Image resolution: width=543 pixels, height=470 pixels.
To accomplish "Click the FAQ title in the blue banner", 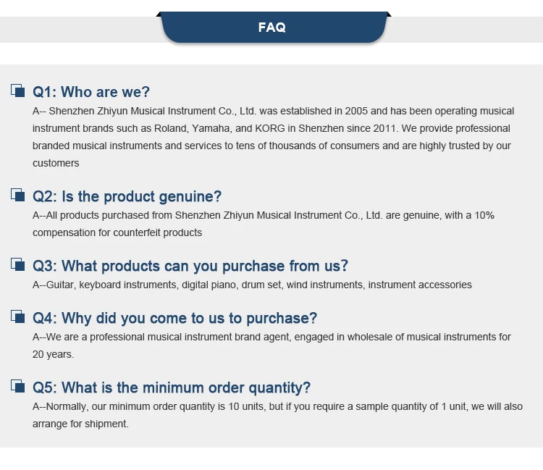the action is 271,28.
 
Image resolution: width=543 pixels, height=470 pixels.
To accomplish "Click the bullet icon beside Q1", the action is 17,91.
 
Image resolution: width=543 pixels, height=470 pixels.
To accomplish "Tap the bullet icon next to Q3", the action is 17,264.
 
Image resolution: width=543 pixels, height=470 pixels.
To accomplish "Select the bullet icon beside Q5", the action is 17,386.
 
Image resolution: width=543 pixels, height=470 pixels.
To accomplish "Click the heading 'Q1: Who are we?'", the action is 91,92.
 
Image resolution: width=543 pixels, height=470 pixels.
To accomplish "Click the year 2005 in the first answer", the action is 356,112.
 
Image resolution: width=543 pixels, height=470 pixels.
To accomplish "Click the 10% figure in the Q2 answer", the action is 484,215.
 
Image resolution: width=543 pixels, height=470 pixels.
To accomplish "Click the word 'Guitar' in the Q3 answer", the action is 61,285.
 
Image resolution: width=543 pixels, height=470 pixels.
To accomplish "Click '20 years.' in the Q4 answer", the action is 54,355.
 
